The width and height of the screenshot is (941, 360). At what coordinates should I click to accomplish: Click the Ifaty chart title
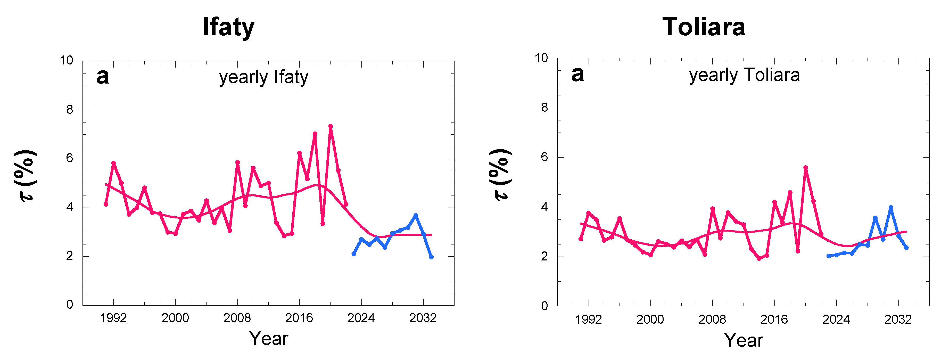click(x=228, y=27)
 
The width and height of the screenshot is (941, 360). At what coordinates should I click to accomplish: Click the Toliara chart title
click(x=704, y=27)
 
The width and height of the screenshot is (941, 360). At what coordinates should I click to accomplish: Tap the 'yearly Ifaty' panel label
click(x=263, y=77)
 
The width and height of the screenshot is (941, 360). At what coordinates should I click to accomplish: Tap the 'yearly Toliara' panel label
click(x=744, y=75)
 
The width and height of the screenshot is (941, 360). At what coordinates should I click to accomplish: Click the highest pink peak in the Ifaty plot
click(x=330, y=126)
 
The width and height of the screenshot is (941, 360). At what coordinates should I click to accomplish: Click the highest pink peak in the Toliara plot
click(x=805, y=167)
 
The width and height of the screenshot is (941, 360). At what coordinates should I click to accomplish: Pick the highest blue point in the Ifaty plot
click(x=416, y=215)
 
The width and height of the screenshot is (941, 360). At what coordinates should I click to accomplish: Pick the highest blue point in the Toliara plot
click(x=891, y=207)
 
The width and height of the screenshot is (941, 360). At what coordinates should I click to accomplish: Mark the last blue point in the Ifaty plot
click(x=431, y=257)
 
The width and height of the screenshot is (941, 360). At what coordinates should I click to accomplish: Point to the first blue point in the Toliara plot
click(x=829, y=256)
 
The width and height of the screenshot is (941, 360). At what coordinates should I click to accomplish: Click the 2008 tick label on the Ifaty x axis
click(x=237, y=318)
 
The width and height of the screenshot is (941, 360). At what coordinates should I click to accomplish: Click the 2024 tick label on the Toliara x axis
click(x=836, y=320)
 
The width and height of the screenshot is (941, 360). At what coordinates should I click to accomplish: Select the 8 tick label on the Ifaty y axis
click(x=69, y=110)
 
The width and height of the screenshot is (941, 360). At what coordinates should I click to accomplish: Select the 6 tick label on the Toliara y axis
click(x=544, y=157)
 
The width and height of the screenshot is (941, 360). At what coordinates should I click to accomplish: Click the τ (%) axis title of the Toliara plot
click(x=501, y=175)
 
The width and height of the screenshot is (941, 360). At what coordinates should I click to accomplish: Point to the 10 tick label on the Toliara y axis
click(x=541, y=58)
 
